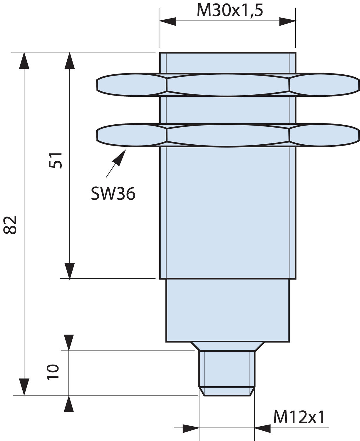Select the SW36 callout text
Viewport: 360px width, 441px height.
tap(113, 194)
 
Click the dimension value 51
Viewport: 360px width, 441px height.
tap(56, 160)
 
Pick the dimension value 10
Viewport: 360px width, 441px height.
tap(53, 372)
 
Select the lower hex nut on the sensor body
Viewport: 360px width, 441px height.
tap(228, 135)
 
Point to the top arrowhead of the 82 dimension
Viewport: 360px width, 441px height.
tap(24, 61)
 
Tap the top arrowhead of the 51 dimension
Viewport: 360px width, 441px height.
tap(69, 61)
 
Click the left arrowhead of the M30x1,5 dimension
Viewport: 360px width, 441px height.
tap(168, 21)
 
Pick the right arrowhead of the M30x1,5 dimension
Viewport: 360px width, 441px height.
tap(287, 21)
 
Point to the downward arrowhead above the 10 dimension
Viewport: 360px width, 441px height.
tap(69, 342)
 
